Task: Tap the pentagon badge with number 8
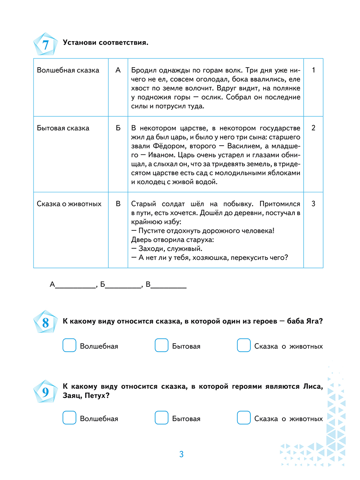point(45,322)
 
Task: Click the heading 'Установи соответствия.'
point(106,42)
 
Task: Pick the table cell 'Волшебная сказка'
point(68,70)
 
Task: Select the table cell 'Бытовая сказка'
point(63,128)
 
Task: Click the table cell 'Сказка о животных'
point(69,204)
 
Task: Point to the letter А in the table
point(118,70)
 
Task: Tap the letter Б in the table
point(118,128)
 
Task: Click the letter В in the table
point(118,204)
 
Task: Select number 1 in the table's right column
point(313,70)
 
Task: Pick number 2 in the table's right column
point(313,128)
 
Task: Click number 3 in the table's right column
point(313,204)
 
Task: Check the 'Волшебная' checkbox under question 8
point(69,346)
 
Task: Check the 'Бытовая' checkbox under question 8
point(161,346)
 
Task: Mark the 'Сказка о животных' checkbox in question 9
point(244,418)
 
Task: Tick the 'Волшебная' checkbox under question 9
point(69,418)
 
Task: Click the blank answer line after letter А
point(75,286)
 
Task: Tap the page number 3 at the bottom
point(181,454)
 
